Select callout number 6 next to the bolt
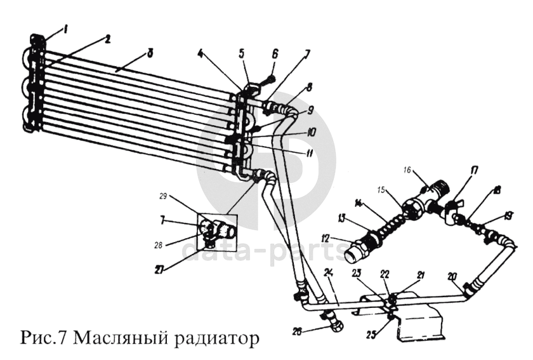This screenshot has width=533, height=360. pos(275,55)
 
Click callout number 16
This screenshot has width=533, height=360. pos(409,170)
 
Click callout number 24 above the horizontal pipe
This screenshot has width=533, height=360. pos(328,273)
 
